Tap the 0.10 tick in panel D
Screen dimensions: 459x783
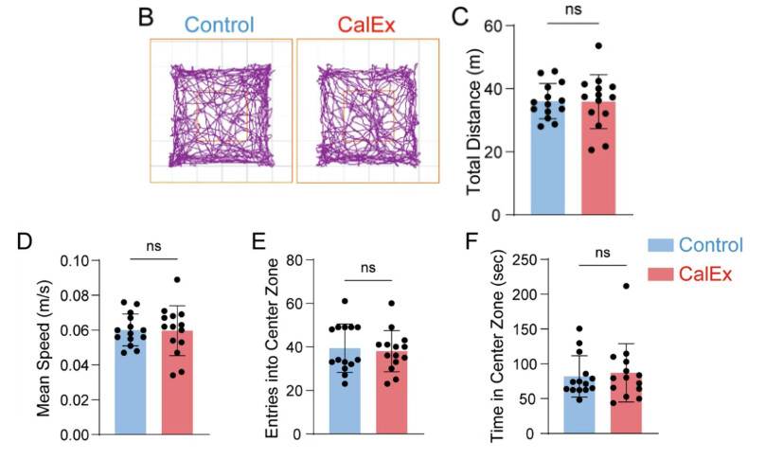(x=82, y=260)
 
